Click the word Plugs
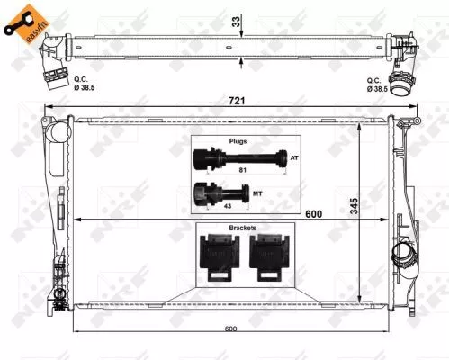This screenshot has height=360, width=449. click(x=237, y=141)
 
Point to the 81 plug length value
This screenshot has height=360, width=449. click(x=242, y=169)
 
